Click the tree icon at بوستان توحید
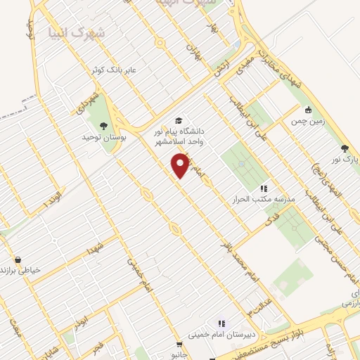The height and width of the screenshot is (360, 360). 104,126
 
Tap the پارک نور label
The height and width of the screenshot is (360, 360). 346,160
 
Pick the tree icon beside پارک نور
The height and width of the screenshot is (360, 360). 344,148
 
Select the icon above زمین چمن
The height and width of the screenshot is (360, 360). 308,109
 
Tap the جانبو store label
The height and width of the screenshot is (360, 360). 182,355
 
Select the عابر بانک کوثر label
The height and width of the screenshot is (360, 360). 94,70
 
